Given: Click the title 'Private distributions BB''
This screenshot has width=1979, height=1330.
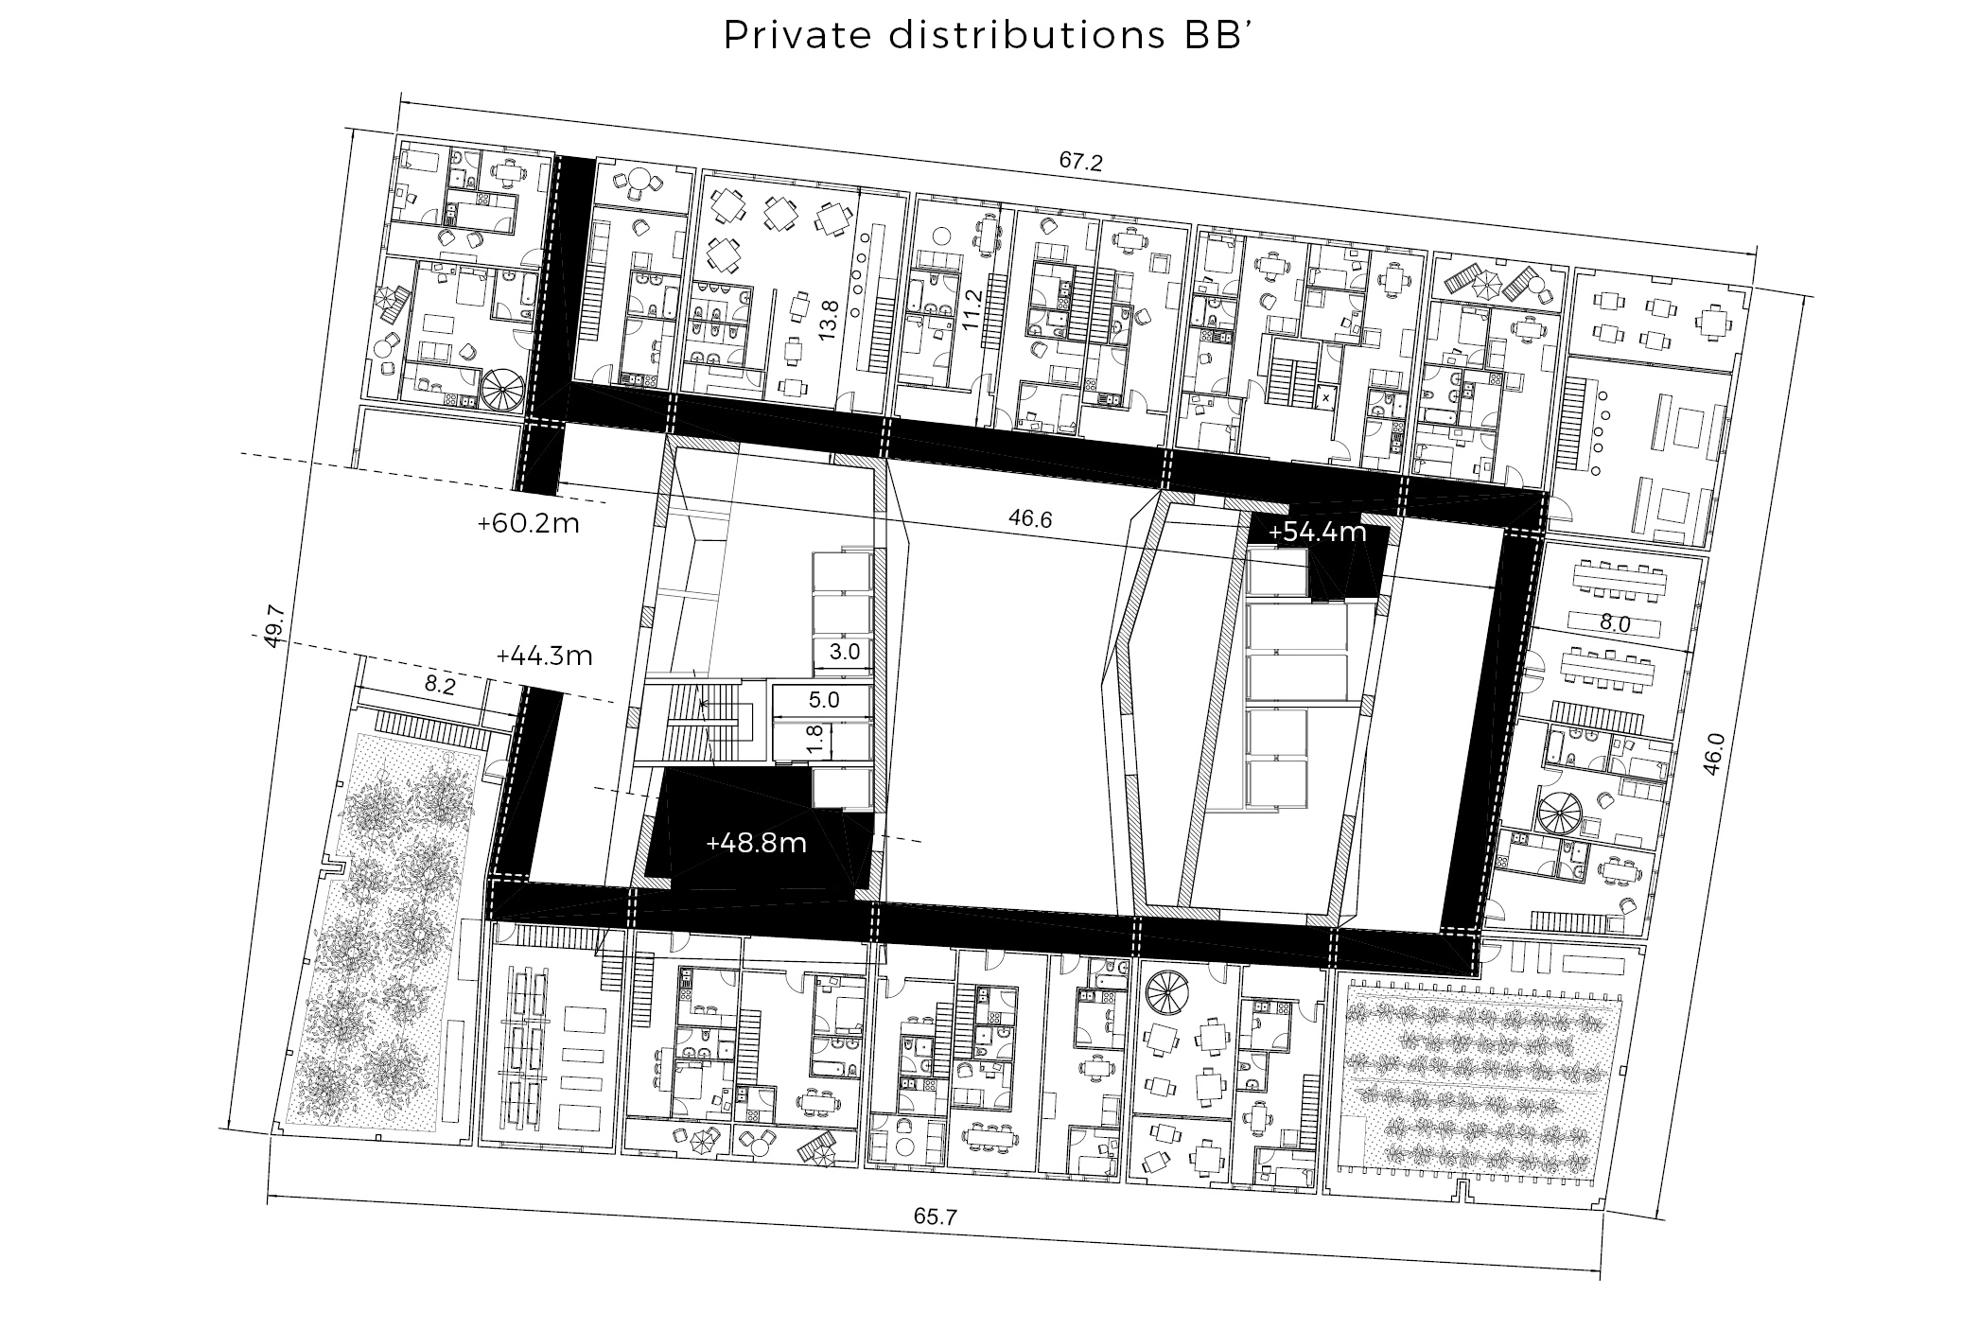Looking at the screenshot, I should pos(988,35).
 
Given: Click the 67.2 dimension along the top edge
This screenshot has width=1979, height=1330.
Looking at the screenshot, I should pos(1080,161).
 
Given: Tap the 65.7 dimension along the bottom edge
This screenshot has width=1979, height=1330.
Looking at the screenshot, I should pos(936,1216).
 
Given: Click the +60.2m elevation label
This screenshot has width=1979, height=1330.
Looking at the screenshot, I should pos(528,523).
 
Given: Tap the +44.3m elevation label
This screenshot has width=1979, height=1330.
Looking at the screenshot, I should pos(544,656).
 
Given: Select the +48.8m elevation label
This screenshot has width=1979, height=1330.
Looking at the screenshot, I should pos(756,843).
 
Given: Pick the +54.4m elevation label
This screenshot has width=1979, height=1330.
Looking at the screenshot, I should pos(1317,533).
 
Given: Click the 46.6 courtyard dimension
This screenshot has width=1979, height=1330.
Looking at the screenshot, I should pos(1030,519).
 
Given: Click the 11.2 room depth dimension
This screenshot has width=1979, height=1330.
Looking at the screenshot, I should pos(971,308).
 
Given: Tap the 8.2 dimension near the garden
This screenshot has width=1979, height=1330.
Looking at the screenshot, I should pos(439,687).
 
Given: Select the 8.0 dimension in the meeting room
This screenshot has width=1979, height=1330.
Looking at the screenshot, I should pos(1615,624).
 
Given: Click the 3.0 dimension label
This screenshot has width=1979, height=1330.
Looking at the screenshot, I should pos(843,652).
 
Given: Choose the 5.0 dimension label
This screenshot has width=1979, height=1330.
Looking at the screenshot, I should pos(823,700).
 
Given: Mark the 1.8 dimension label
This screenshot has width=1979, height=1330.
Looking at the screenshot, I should pos(811,738).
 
